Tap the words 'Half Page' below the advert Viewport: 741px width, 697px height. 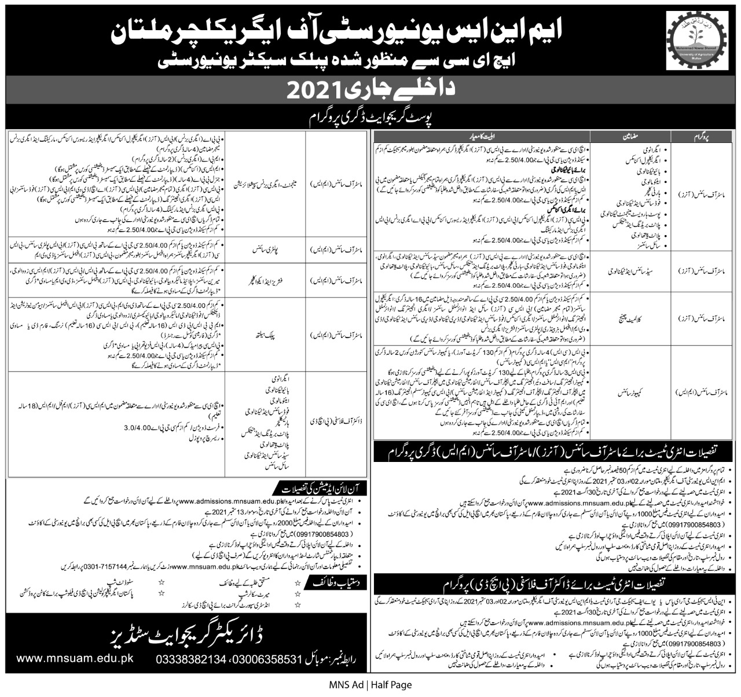[392, 685]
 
